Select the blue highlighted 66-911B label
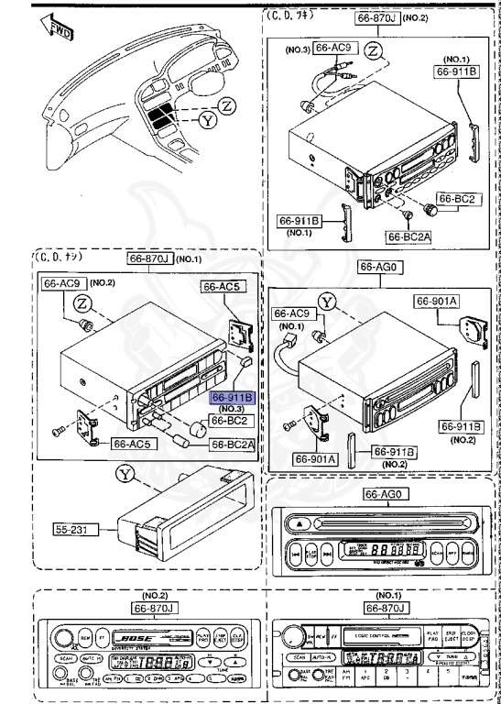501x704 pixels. (x=233, y=399)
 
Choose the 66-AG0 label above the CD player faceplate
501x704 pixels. (x=382, y=496)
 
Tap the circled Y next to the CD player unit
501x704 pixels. (x=328, y=300)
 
